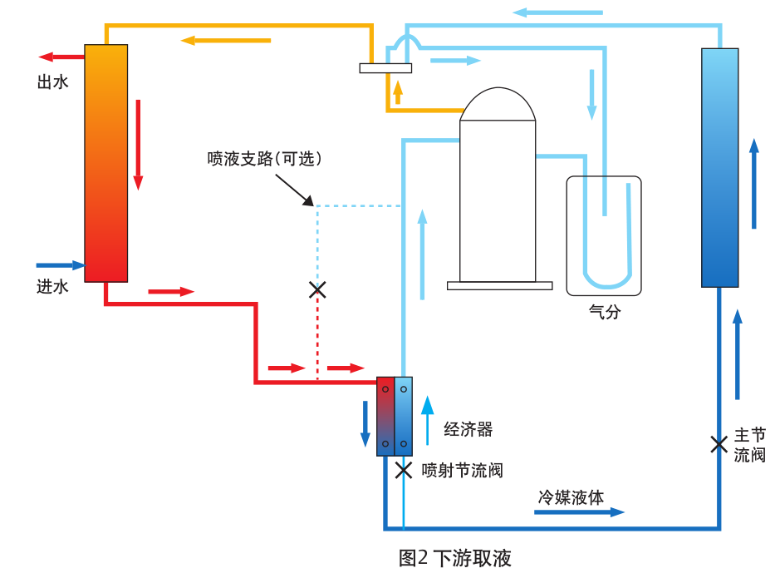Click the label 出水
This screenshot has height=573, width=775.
pos(52,82)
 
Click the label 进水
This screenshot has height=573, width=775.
pos(52,287)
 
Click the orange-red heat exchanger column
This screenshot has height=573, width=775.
pos(105,163)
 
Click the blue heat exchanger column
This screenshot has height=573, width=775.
pos(719,167)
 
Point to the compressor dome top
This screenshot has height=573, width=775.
pos(498,103)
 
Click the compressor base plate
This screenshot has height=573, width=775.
pos(499,285)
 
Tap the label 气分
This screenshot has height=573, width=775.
pos(604,312)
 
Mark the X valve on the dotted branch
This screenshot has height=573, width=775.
pos(317,289)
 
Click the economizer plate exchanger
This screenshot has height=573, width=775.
pos(395,416)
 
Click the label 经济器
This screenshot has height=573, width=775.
pos(468,429)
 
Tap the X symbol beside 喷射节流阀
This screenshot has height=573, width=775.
pos(404,471)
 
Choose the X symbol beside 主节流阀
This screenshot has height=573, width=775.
pos(719,444)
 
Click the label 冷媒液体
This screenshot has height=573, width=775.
pos(571,497)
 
